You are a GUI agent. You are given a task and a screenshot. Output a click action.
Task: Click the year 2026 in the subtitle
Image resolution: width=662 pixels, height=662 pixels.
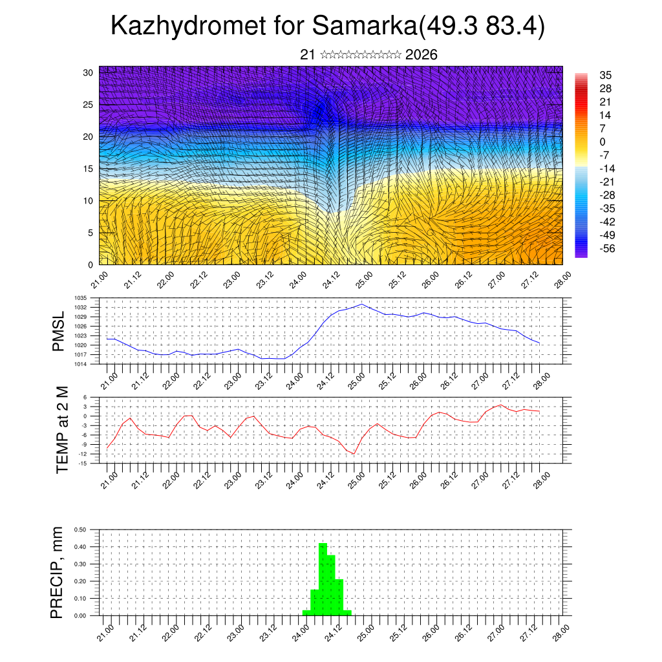click(421, 55)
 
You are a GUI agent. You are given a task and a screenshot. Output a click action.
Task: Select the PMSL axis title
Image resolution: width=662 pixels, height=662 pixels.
click(59, 332)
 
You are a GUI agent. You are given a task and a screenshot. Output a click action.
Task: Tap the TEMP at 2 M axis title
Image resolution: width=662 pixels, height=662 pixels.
click(61, 429)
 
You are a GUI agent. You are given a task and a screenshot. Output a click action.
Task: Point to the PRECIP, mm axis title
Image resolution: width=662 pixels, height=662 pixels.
click(59, 572)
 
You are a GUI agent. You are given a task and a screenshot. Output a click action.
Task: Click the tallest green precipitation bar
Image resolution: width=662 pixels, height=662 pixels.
click(323, 579)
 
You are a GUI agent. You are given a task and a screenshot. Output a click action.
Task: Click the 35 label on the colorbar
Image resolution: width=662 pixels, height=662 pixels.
click(606, 75)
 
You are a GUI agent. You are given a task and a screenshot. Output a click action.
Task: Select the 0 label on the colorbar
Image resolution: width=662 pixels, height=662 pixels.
click(603, 142)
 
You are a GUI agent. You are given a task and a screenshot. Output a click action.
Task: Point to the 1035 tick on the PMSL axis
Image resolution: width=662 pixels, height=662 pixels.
click(81, 298)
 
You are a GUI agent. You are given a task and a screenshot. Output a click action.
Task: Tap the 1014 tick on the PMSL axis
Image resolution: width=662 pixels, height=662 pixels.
click(81, 365)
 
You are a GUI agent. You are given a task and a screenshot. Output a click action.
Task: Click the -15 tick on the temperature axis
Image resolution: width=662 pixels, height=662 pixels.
click(83, 464)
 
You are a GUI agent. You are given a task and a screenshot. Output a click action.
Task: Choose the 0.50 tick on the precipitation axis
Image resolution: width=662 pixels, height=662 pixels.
click(81, 529)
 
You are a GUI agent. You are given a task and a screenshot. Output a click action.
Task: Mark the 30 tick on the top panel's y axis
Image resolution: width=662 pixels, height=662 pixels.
click(88, 72)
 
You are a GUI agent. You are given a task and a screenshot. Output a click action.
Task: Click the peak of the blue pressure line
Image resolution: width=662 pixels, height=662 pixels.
click(361, 304)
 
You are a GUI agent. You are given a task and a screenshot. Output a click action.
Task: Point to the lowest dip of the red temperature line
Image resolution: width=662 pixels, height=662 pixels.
click(354, 454)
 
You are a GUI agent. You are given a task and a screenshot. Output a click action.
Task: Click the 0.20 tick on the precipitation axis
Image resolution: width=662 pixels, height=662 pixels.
click(81, 581)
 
